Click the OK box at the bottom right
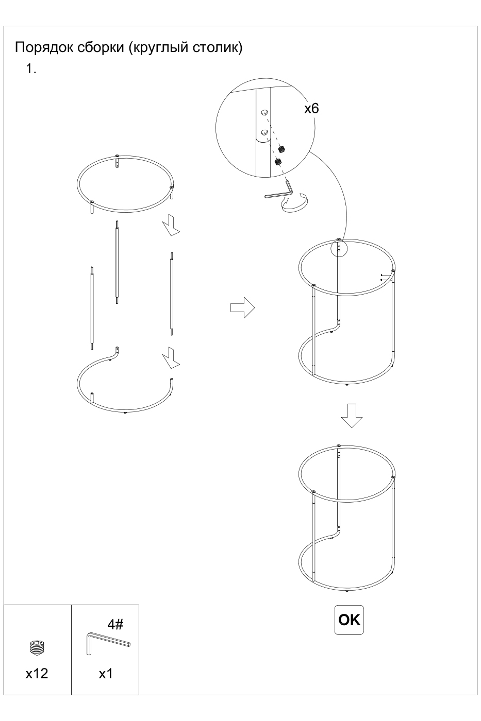[349, 620]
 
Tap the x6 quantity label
[311, 109]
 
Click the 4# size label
[115, 624]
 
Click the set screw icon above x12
[37, 647]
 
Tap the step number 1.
[31, 68]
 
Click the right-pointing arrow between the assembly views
[243, 308]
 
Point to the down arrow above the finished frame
[352, 416]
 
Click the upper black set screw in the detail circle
[281, 149]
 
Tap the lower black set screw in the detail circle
[278, 162]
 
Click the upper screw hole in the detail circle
[264, 112]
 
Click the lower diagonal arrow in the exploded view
[171, 358]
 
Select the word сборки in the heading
[101, 47]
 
